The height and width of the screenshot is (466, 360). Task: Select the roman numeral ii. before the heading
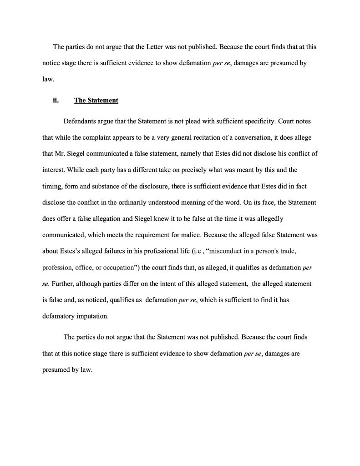(x=56, y=101)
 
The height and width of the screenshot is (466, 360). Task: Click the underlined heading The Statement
(x=96, y=101)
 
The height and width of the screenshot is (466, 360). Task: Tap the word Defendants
(x=81, y=122)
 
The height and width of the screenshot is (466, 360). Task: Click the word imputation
(x=93, y=314)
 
